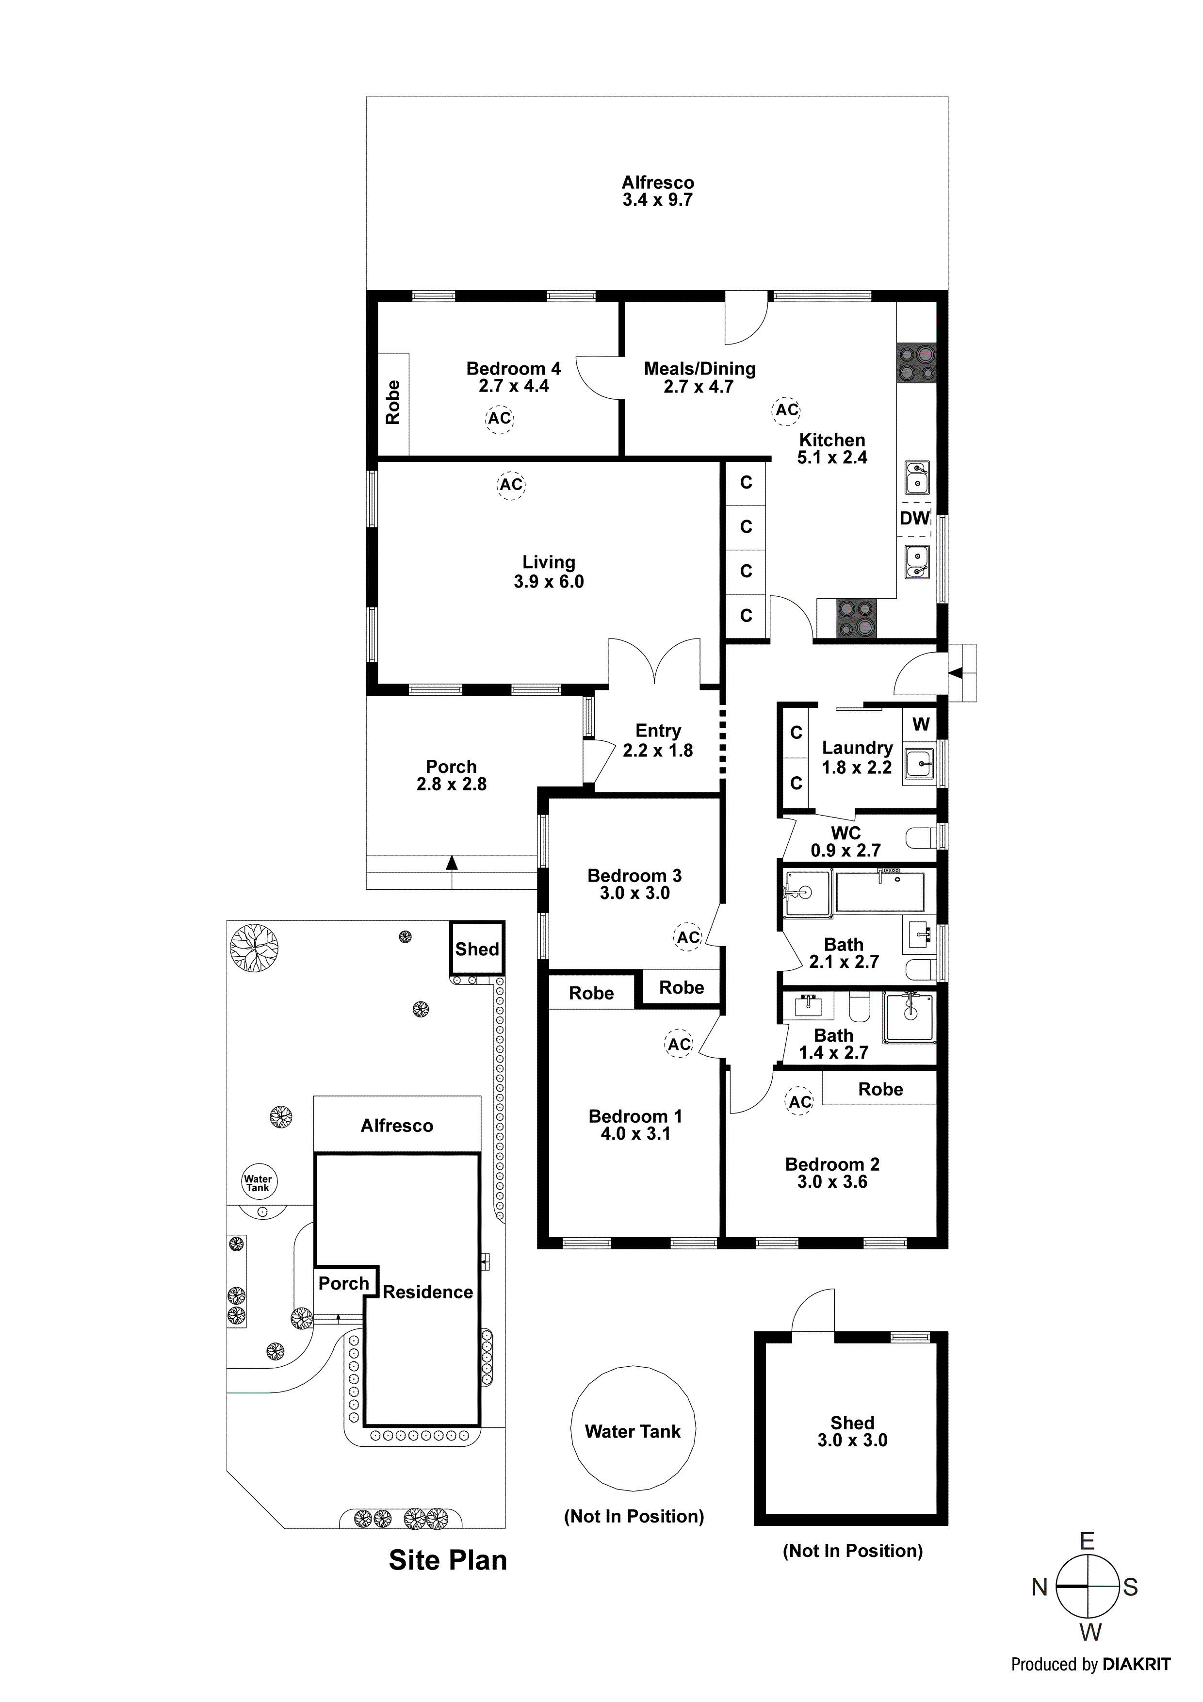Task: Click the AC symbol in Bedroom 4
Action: [500, 418]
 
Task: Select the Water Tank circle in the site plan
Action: [258, 1182]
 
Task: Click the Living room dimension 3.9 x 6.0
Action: [549, 582]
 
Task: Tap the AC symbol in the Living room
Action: [511, 485]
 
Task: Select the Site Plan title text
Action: [448, 1560]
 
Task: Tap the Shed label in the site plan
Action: [477, 949]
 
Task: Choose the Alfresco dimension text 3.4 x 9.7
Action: [657, 200]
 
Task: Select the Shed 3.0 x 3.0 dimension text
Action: [852, 1440]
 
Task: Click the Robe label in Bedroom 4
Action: [393, 403]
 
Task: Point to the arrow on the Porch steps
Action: [452, 862]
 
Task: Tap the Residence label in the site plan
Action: [428, 1292]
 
